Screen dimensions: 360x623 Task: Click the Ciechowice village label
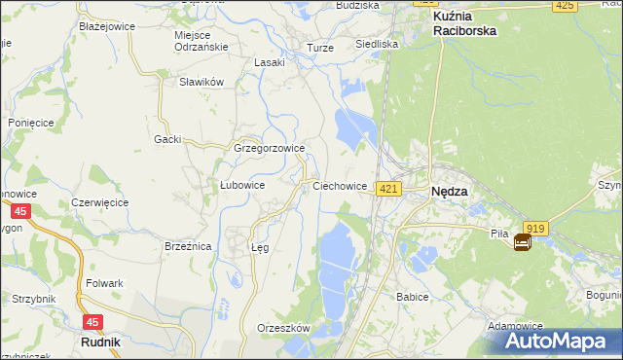[339, 185]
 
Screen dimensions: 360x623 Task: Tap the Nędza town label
[449, 192]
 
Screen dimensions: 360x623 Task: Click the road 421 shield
[388, 188]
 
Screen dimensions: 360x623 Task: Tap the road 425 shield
[564, 6]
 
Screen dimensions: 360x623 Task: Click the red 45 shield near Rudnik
[92, 322]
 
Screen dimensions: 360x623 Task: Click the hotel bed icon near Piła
[523, 242]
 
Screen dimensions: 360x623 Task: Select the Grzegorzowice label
[270, 149]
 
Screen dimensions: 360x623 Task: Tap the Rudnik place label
[100, 342]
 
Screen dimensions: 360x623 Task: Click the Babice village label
[413, 296]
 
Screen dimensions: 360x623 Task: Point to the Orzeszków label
[282, 328]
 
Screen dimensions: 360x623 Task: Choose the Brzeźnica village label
[188, 247]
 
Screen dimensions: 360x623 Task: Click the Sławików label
[202, 83]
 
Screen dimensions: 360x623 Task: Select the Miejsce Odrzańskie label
[200, 41]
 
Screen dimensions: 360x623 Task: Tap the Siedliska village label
[377, 44]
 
